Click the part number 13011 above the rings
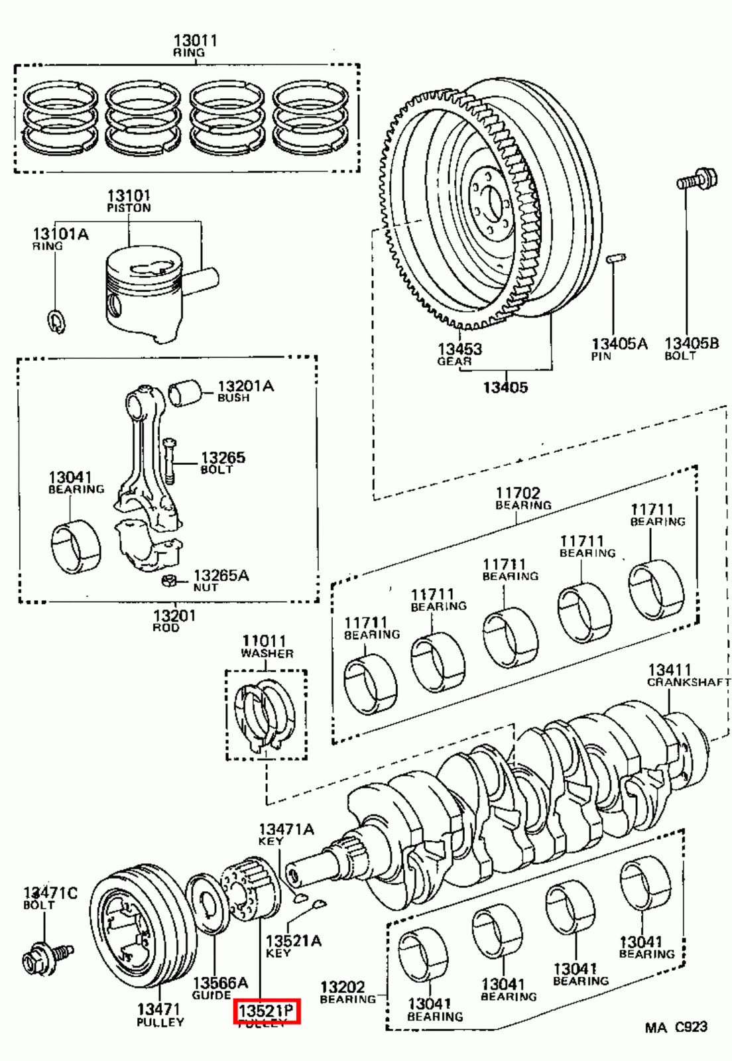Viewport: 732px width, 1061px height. [195, 40]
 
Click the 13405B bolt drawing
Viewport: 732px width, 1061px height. [696, 180]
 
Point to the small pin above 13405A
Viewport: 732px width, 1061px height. [616, 258]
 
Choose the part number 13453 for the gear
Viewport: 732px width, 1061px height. [459, 349]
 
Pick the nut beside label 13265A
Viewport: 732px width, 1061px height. [168, 582]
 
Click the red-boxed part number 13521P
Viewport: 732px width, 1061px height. [266, 1011]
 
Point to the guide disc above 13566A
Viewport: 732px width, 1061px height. [210, 905]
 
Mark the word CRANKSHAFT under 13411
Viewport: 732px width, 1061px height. [688, 682]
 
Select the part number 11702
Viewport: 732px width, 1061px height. [518, 493]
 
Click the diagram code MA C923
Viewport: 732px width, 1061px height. [676, 1027]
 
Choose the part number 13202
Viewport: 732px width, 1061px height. [342, 987]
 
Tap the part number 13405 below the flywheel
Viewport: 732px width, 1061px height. [505, 387]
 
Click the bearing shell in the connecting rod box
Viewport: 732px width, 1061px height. [76, 548]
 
